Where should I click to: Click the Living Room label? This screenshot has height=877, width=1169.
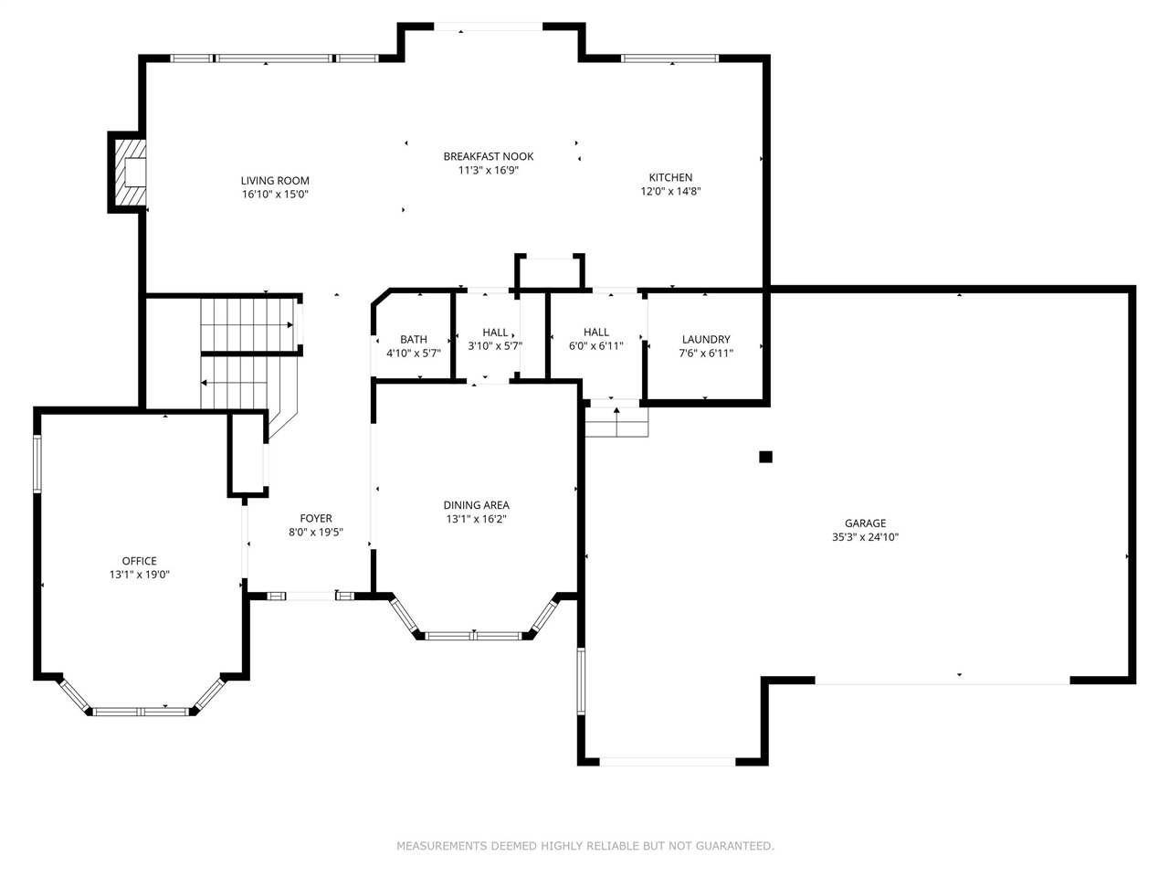coord(275,180)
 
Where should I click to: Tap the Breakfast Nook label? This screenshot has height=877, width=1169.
coord(489,156)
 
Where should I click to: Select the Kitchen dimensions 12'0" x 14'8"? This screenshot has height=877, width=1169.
coord(670,192)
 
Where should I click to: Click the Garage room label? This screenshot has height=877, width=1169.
coord(865,523)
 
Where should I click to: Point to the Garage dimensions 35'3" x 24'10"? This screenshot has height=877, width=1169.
coord(865,537)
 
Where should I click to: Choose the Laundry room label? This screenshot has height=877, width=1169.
coord(706,339)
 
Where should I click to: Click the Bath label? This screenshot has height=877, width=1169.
coord(414,339)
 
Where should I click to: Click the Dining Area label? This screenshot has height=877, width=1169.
coord(476,505)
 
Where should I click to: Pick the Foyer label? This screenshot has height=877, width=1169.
coord(316,518)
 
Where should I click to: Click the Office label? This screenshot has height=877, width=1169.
coord(140,561)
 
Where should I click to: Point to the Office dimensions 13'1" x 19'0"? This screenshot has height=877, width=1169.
coord(140,575)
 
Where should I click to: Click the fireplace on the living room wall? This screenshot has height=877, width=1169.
coord(129,173)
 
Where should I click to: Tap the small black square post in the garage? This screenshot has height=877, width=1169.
coord(766,457)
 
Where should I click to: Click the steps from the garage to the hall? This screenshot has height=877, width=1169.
coord(616,422)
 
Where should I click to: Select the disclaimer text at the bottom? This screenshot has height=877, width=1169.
coord(584,846)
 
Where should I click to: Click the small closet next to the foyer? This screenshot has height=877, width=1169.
coord(247,455)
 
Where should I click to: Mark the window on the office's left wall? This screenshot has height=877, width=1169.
coord(37,464)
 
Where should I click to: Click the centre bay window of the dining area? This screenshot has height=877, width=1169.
coord(474,635)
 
